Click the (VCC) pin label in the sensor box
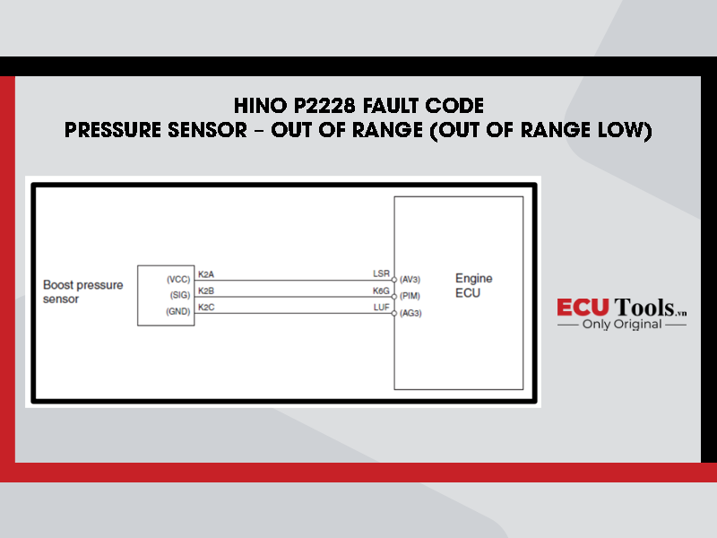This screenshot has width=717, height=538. click(178, 280)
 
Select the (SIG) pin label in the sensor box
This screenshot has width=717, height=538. click(180, 295)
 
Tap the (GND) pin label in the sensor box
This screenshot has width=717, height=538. click(177, 311)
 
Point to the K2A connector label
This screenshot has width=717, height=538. click(206, 274)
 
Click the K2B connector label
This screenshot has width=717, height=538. click(206, 291)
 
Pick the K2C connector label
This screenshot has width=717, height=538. click(206, 308)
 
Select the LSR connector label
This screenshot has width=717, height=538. click(382, 273)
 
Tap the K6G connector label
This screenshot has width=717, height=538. click(381, 291)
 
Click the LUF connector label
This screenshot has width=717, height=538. click(382, 308)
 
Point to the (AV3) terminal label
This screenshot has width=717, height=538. click(410, 280)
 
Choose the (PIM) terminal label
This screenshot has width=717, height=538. click(410, 296)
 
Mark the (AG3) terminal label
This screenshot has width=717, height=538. click(410, 313)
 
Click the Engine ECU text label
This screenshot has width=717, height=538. click(474, 285)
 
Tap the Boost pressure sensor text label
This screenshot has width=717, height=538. click(82, 292)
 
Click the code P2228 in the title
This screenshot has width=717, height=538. click(324, 106)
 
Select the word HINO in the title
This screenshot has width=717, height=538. click(261, 106)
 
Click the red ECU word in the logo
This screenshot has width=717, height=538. click(583, 307)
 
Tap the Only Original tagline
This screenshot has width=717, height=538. click(622, 325)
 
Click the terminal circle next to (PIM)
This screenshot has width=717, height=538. click(394, 297)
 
